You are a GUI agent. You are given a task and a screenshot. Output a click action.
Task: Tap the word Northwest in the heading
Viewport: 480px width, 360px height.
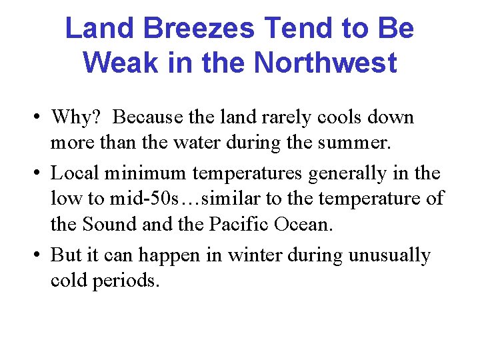click(325, 63)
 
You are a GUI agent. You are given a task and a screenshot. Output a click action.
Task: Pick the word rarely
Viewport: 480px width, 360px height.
click(282, 117)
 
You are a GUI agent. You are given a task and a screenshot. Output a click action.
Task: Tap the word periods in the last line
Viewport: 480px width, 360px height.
click(126, 281)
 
